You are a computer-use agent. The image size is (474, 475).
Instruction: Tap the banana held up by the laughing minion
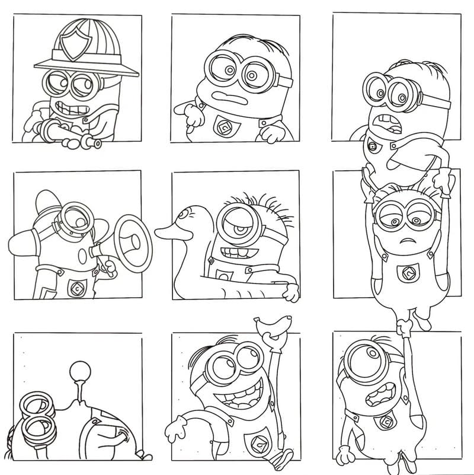273,326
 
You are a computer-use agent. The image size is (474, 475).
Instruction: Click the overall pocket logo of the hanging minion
407,273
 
